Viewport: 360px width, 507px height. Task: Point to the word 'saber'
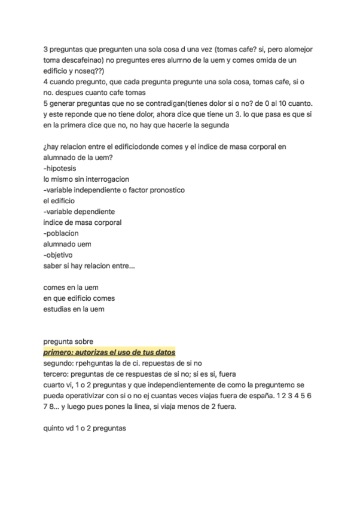(53, 265)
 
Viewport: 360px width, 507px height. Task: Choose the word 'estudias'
(58, 309)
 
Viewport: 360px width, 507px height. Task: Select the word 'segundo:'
(60, 363)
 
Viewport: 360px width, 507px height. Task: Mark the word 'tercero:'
(57, 374)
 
